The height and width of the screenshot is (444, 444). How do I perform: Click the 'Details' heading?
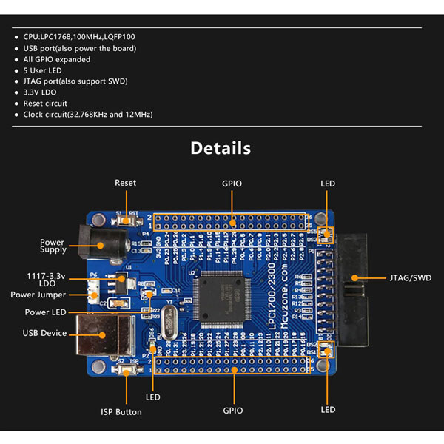[221, 148]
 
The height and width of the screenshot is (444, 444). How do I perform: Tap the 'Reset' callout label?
[125, 183]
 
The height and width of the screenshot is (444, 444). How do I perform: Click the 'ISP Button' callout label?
[121, 411]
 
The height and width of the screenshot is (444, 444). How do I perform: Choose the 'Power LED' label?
[46, 312]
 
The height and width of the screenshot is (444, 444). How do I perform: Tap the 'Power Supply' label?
[52, 246]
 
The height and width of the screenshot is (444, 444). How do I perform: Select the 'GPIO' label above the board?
[232, 183]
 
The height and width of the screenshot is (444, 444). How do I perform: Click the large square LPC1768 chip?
[221, 294]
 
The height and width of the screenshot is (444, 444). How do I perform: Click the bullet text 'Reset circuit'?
[45, 104]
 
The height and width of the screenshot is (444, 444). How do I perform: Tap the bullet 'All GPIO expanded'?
[56, 59]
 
